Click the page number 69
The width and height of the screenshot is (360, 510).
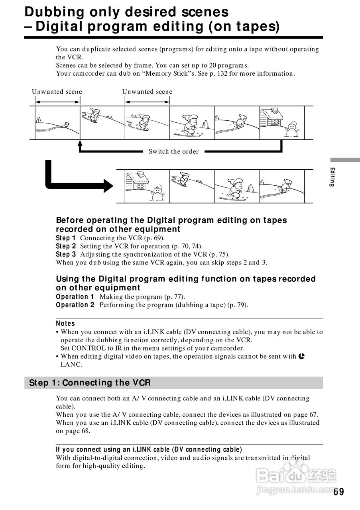(339, 492)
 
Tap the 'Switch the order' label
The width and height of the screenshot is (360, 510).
(173, 151)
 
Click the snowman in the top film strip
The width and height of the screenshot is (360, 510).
(292, 128)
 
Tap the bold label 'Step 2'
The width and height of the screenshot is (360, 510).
(66, 246)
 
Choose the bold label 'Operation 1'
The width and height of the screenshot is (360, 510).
(75, 297)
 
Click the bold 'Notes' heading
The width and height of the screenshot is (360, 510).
(65, 324)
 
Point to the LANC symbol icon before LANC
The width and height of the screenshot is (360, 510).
(302, 356)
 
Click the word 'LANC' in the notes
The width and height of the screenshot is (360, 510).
(71, 365)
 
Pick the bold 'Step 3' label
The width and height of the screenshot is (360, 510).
(66, 255)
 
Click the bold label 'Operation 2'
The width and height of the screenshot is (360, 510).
(75, 305)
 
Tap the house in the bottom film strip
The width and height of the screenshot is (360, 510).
(137, 181)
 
